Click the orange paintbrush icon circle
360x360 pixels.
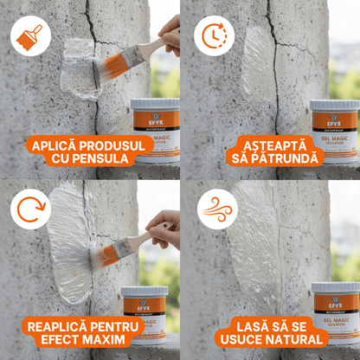pyautogui.click(x=30, y=35)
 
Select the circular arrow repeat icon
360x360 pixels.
pyautogui.click(x=30, y=210)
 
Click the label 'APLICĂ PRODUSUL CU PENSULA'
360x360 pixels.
pyautogui.click(x=90, y=149)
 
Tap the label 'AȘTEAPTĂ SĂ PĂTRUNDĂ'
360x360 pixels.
pyautogui.click(x=269, y=149)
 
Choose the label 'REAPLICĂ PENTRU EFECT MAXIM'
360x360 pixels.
pyautogui.click(x=90, y=330)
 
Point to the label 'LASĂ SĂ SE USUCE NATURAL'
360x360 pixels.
pyautogui.click(x=269, y=330)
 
